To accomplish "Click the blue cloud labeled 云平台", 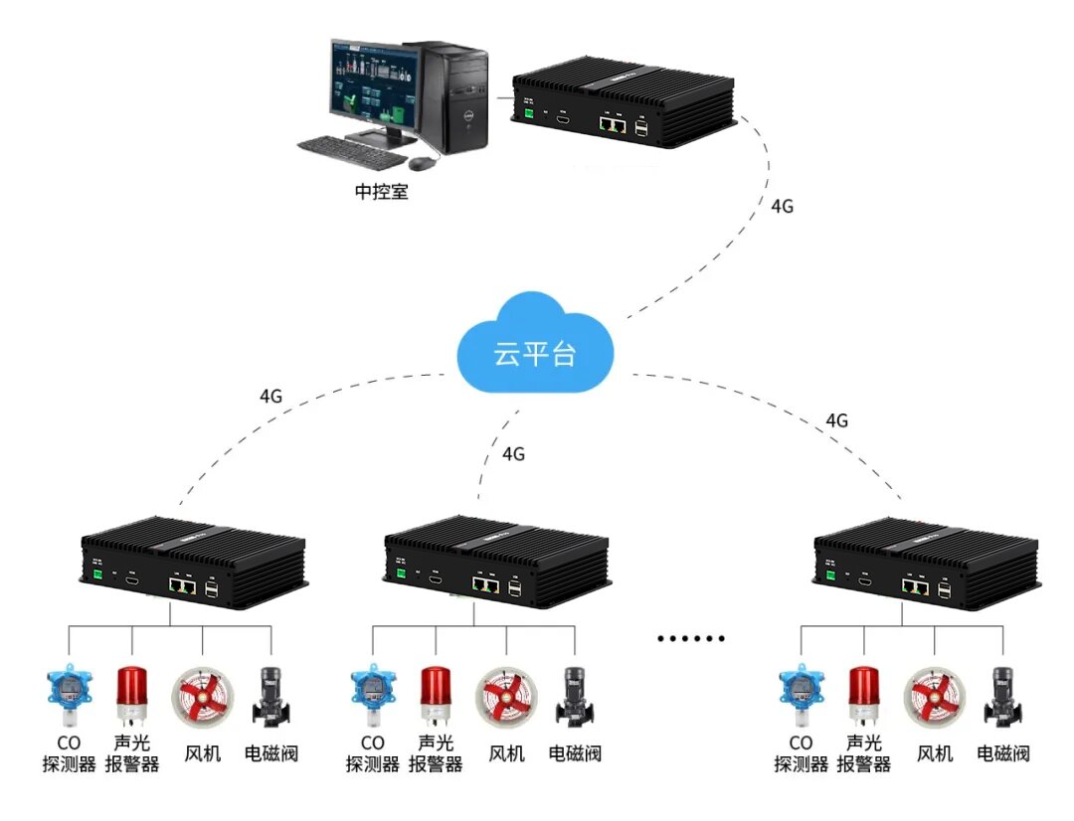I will coord(534,348).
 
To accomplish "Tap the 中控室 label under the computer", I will coord(382,192).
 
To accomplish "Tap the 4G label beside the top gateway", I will coord(783,207).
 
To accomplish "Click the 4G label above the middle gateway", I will coord(513,454).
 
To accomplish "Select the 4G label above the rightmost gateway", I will coord(836,420).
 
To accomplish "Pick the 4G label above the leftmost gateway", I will coord(270,396).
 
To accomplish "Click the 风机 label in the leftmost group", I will coord(203,753).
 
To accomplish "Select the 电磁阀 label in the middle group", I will coord(575,753).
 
